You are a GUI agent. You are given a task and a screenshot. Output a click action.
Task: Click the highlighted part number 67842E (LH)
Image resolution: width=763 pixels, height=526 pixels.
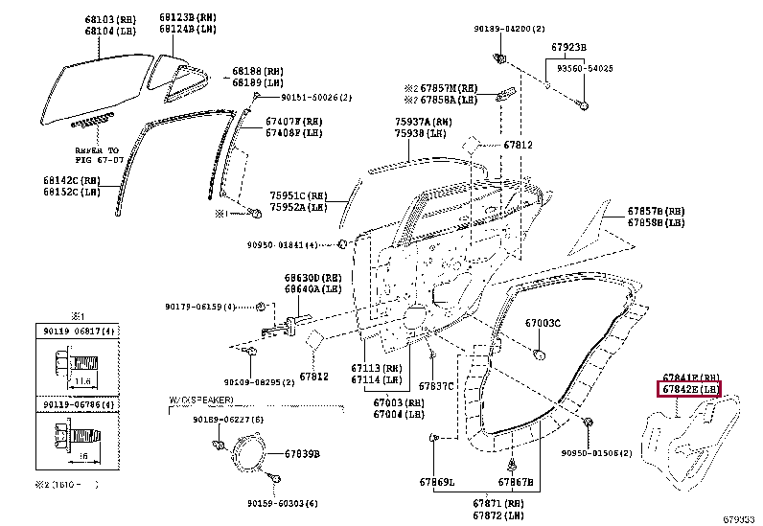(688, 390)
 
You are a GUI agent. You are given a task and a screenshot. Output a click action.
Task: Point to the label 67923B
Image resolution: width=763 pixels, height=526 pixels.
(569, 47)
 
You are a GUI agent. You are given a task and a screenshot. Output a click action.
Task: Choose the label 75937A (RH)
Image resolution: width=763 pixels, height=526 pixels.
(423, 122)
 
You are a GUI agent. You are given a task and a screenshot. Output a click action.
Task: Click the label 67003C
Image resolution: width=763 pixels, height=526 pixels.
(542, 323)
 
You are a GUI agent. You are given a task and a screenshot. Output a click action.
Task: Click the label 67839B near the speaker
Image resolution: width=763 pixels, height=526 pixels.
(301, 454)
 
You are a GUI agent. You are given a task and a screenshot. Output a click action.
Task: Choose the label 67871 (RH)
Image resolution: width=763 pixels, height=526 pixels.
(497, 503)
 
